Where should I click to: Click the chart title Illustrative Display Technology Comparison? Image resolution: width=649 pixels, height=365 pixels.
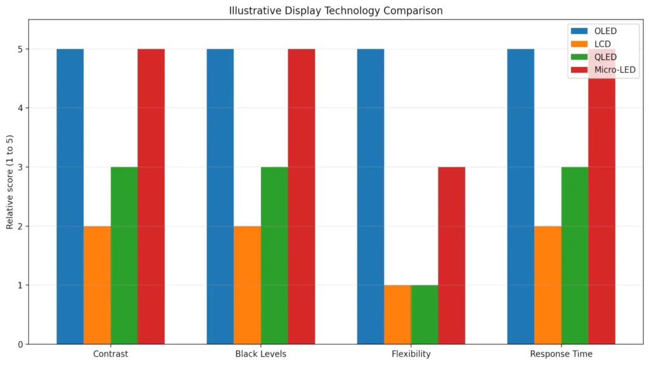[335, 11]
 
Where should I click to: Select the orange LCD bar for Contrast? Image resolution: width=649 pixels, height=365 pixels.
[97, 285]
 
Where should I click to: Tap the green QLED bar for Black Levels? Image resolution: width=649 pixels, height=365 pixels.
[274, 255]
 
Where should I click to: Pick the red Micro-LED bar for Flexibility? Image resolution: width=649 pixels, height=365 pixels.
[451, 255]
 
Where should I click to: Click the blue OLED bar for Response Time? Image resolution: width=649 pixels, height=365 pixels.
[520, 196]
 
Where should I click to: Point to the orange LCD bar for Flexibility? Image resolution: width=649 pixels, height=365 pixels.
[397, 314]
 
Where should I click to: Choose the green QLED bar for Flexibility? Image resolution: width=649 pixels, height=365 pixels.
[424, 314]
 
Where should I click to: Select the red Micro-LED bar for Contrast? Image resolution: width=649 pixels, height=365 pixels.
[151, 196]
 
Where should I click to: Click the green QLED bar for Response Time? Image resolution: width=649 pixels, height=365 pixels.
[575, 255]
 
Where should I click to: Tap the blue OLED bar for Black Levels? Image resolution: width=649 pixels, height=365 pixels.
[220, 196]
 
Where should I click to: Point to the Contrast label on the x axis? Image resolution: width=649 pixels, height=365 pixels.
[110, 354]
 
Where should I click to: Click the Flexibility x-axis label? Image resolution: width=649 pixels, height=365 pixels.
[411, 354]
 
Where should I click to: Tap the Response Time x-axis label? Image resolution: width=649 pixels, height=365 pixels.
[561, 354]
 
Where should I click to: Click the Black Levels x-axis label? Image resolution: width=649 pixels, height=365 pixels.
[260, 354]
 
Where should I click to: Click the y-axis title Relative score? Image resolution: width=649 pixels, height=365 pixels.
[10, 182]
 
